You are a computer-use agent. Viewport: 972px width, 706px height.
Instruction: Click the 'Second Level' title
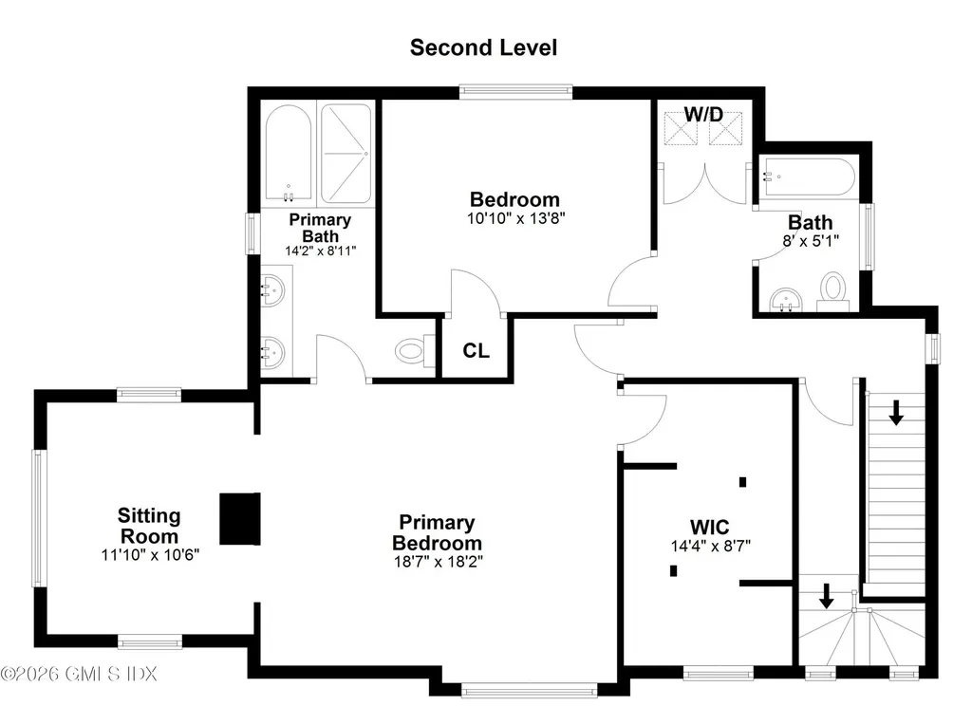tap(483, 47)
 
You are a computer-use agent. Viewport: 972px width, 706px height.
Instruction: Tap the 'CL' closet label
tap(477, 351)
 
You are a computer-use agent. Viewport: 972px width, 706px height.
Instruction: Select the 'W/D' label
tap(704, 115)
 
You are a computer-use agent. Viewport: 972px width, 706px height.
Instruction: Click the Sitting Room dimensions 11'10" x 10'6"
tap(150, 554)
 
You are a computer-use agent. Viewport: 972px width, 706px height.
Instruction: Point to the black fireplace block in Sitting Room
tap(240, 518)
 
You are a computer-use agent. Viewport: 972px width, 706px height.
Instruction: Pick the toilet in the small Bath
tap(832, 288)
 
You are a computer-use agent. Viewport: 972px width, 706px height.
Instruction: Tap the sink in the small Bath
tap(784, 301)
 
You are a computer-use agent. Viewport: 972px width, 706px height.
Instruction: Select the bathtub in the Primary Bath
tap(289, 154)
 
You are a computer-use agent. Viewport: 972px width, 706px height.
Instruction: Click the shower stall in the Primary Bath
tap(346, 154)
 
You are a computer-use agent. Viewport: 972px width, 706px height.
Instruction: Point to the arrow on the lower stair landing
tap(826, 595)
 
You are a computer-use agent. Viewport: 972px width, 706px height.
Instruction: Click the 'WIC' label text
tap(709, 526)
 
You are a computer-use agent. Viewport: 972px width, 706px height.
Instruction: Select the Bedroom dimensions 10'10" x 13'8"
tap(515, 217)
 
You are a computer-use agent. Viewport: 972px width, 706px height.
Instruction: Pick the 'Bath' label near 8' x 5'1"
tap(811, 223)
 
